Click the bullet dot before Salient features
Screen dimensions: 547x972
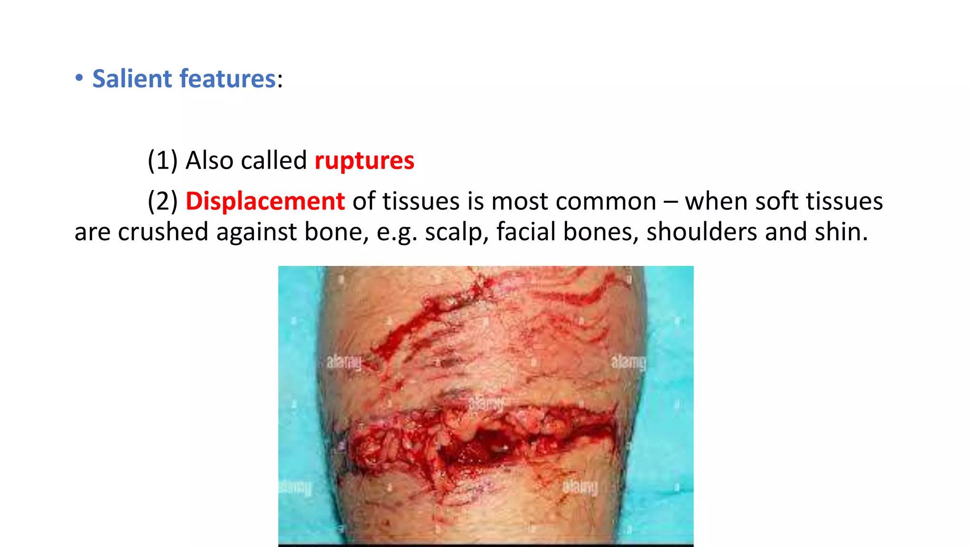pos(79,78)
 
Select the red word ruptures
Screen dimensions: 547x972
pos(364,160)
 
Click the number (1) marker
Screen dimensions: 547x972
pos(162,160)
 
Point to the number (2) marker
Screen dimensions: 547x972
pos(162,201)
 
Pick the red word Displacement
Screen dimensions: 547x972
pos(265,201)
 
